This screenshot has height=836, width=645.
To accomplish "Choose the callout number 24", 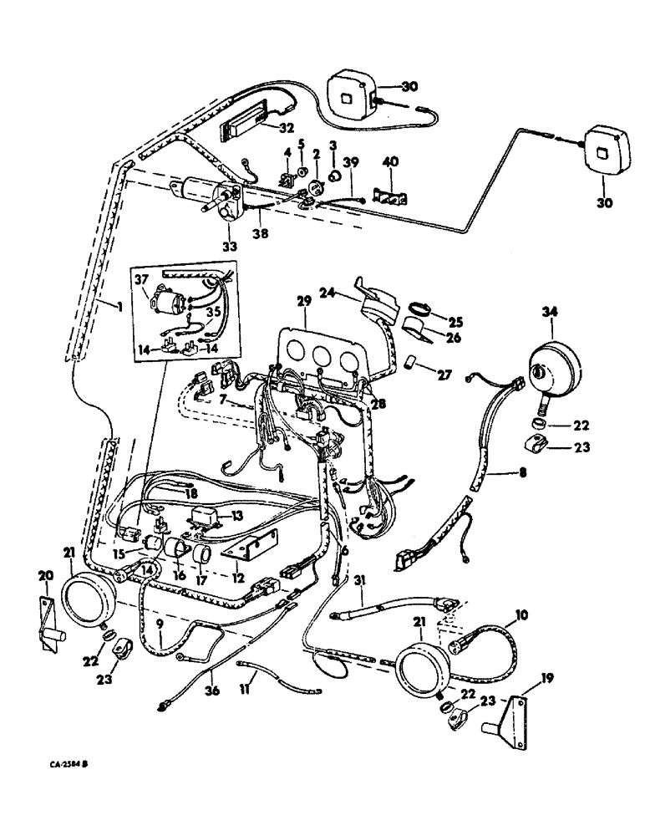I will tap(348, 292).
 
